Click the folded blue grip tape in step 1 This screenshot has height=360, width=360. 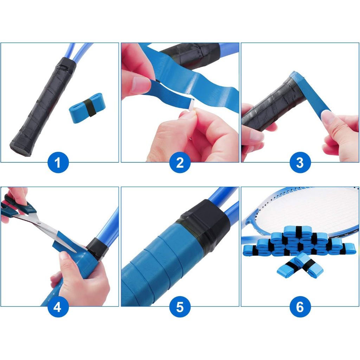point(87,108)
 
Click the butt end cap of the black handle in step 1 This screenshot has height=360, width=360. point(20,149)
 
